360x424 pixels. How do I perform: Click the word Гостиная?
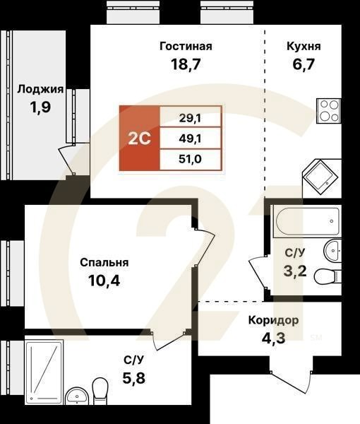pyautogui.click(x=186, y=47)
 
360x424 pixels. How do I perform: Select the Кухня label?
pyautogui.click(x=304, y=47)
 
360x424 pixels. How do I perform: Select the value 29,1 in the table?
pyautogui.click(x=191, y=117)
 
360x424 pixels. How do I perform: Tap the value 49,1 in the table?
pyautogui.click(x=191, y=138)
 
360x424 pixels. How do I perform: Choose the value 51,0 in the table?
pyautogui.click(x=191, y=159)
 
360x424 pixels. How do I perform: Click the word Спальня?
pyautogui.click(x=104, y=263)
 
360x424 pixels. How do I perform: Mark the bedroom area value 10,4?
pyautogui.click(x=104, y=281)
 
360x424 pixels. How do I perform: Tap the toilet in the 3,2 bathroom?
pyautogui.click(x=328, y=275)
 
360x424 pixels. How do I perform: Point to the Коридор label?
pyautogui.click(x=273, y=320)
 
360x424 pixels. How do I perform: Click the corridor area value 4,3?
pyautogui.click(x=273, y=338)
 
